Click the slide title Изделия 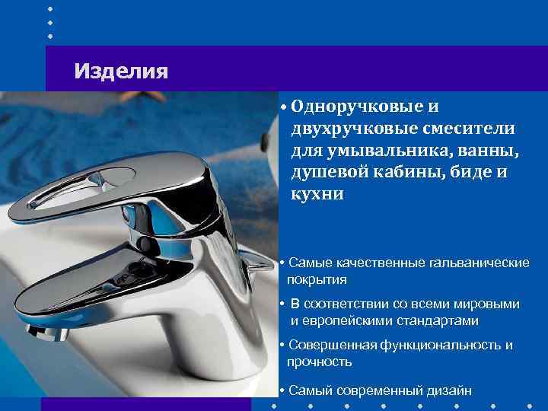pos(121,72)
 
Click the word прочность pos(320,362)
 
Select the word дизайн pos(448,390)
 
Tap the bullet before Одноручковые pos(282,107)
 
